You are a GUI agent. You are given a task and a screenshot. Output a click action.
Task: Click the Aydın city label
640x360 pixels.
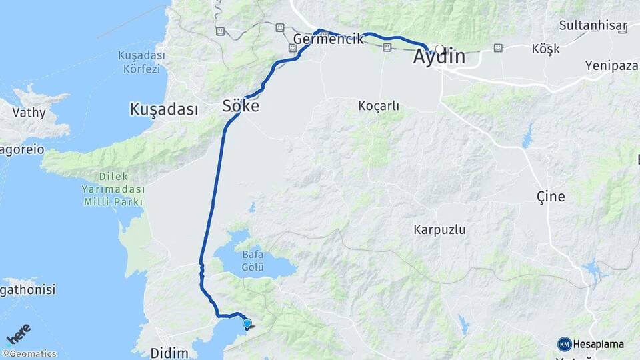point(439,58)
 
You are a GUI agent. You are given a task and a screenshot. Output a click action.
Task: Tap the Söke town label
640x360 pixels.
point(241,107)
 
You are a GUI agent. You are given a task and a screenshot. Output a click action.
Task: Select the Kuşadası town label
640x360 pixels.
point(164,109)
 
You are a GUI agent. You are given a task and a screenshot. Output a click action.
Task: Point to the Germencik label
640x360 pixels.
point(329,39)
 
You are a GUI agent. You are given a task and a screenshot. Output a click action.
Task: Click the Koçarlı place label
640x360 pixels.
point(379,106)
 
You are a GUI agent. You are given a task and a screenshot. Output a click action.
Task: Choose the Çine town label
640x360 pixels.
point(551,197)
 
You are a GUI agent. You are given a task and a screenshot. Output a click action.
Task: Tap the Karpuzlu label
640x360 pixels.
point(439,230)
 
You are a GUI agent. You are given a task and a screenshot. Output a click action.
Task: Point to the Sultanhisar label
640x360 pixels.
point(593,26)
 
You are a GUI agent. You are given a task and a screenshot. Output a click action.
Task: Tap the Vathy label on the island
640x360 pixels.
point(29,113)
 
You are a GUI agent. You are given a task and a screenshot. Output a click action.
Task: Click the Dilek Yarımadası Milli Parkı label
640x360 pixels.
point(113,189)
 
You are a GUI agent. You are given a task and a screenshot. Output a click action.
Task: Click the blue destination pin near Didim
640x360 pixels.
point(247,324)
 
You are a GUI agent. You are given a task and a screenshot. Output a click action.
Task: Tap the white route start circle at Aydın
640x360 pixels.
point(440,49)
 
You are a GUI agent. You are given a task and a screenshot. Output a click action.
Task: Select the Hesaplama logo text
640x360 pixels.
point(599,344)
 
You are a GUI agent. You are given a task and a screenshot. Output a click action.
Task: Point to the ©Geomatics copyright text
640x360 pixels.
point(29,354)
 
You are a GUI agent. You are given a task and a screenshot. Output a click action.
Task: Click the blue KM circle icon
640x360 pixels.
point(564,344)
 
